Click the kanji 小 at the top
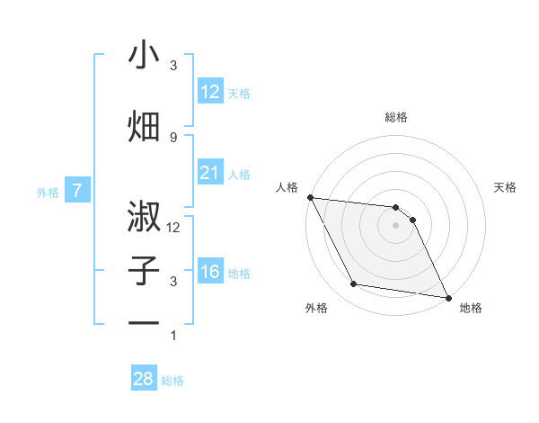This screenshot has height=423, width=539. pos(144,55)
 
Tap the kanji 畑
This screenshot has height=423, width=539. pos(144,126)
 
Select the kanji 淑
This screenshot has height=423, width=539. pos(144,217)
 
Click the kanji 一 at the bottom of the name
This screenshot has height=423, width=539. pos(144,323)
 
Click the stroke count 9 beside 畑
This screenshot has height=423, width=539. pos(173,137)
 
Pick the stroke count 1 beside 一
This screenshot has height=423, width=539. pos(173,336)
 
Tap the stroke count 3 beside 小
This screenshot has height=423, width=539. pos(173,66)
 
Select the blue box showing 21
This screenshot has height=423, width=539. pos(209,173)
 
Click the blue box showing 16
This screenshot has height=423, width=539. pos(209,272)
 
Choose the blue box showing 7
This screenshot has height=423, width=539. pos(77,191)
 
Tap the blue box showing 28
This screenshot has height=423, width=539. pos(143,379)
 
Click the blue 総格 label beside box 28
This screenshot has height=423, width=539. pos(172,381)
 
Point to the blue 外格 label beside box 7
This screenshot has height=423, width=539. pos(47,193)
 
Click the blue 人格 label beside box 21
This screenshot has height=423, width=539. pos(239,175)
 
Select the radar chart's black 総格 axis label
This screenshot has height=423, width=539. pos(396,117)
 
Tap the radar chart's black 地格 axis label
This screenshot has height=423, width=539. pos(471,308)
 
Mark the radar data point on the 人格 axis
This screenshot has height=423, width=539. pos(310,197)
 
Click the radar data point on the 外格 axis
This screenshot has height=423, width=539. pos(353,284)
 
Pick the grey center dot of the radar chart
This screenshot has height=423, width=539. pos(396,225)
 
